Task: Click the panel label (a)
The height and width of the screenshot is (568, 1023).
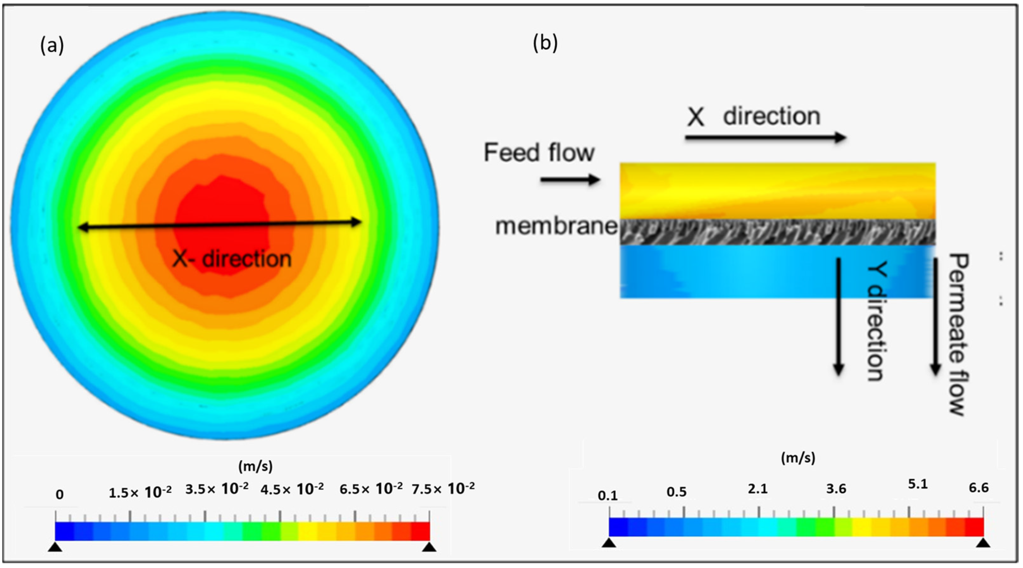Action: click(52, 46)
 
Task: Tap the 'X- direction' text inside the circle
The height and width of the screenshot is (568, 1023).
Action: click(232, 259)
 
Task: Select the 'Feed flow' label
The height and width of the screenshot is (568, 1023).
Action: click(539, 153)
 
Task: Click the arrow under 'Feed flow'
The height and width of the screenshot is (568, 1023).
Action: click(570, 180)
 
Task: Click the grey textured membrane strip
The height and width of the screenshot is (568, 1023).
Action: click(778, 232)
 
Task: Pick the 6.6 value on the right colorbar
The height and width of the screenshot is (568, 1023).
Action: click(979, 488)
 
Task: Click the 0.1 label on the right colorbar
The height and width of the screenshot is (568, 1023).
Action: click(607, 496)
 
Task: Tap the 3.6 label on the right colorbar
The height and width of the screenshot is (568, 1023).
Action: click(836, 489)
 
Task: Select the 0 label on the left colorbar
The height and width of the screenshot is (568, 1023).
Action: click(60, 494)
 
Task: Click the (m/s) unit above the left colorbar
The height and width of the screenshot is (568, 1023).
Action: click(255, 466)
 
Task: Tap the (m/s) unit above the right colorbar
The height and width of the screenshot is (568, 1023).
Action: click(798, 458)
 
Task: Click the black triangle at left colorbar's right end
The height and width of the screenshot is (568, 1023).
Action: click(429, 548)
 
